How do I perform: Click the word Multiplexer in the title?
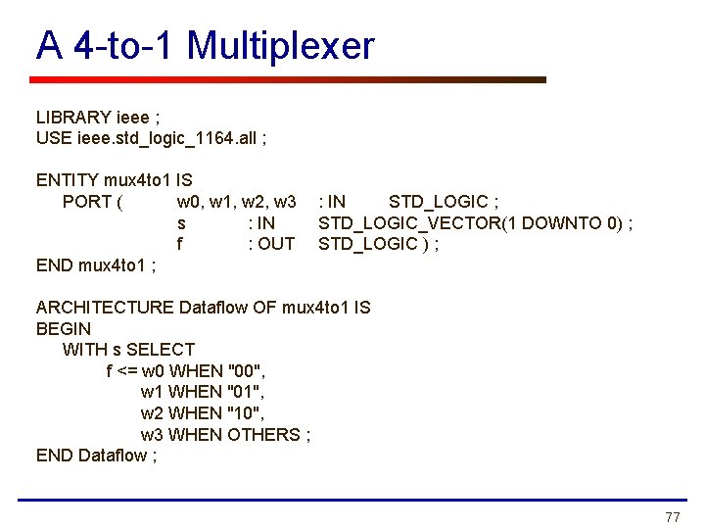(x=280, y=46)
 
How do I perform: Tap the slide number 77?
(x=672, y=517)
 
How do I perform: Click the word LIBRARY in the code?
(x=73, y=118)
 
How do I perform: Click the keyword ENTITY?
(x=67, y=180)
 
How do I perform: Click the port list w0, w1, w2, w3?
(x=236, y=202)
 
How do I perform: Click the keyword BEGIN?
(x=63, y=329)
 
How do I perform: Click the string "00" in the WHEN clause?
(x=246, y=371)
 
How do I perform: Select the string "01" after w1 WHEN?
(x=245, y=392)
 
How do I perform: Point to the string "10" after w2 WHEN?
(x=245, y=413)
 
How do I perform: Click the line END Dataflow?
(x=96, y=456)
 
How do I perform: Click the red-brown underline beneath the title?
(x=289, y=80)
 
